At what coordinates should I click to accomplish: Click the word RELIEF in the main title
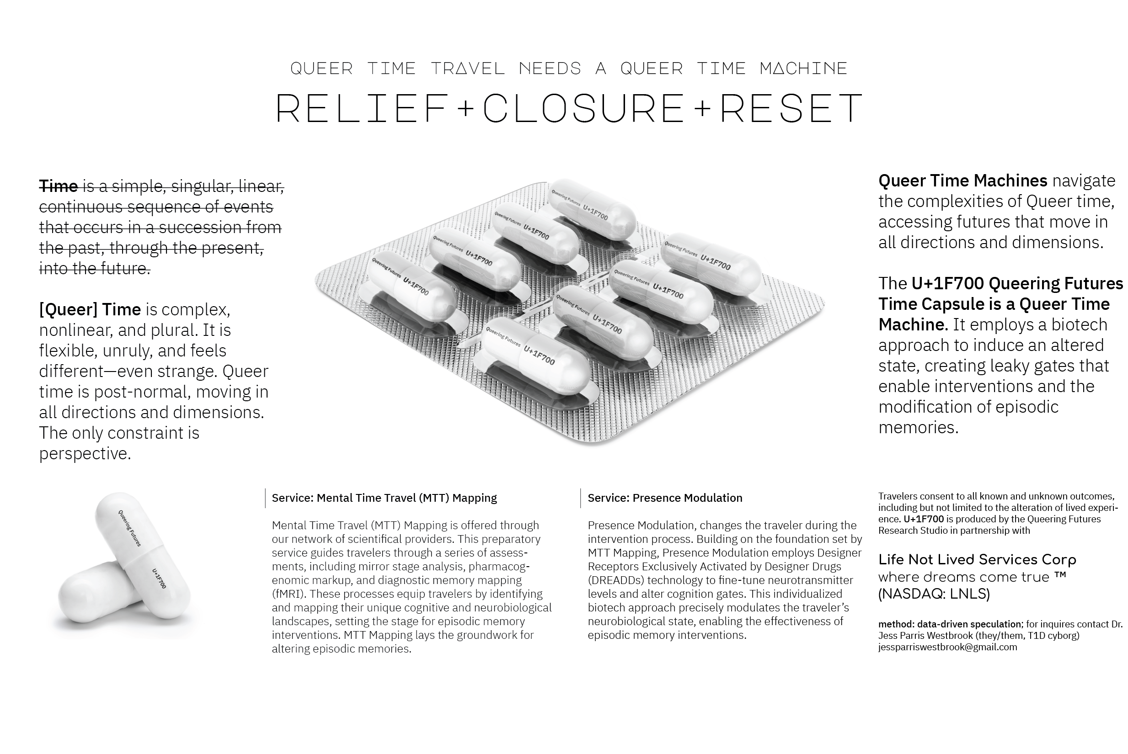coord(362,108)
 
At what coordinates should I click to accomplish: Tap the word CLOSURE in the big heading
coord(583,108)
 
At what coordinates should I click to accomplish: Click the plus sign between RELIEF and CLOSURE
coord(465,109)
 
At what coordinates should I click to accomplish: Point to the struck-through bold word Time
coord(58,186)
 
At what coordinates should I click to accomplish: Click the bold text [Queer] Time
coord(90,309)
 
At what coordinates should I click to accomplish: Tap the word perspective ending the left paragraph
coord(85,453)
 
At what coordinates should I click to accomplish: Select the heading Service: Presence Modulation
coord(665,498)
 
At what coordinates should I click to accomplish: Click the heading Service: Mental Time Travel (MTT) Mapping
coord(384,498)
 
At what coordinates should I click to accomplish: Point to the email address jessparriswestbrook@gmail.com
coord(947,647)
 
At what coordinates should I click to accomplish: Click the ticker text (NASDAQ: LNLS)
coord(934,595)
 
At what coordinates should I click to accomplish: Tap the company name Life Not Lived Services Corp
coord(977,560)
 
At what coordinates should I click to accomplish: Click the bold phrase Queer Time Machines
coord(962,181)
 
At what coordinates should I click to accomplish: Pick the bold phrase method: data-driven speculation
coord(950,624)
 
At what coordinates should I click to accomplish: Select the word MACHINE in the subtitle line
coord(803,68)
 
